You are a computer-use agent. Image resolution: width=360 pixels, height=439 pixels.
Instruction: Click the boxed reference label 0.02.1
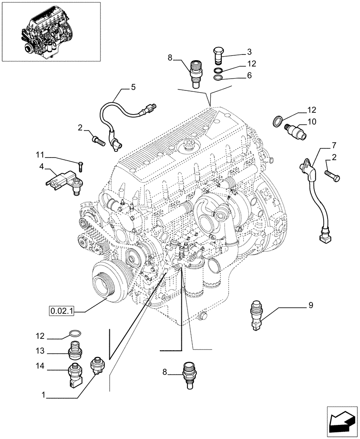tap(61, 311)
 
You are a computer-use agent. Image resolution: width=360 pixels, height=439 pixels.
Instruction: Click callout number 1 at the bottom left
tap(44, 395)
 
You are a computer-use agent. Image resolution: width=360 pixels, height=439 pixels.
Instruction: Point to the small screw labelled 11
tap(80, 166)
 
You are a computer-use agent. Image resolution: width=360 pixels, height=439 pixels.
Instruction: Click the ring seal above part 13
tap(75, 335)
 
